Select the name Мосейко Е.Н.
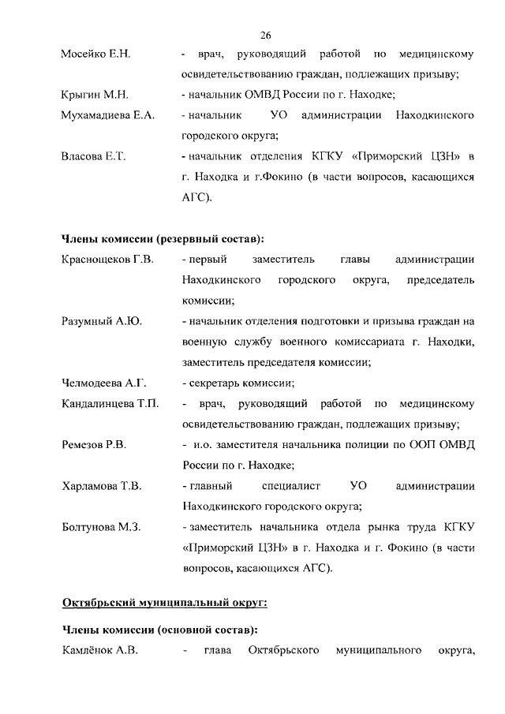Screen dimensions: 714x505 point(95,54)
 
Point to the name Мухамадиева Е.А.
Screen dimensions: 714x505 point(107,116)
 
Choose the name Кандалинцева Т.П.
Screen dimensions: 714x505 point(110,404)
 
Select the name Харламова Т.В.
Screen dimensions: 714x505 point(101,486)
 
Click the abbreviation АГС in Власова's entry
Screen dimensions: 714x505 point(195,198)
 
